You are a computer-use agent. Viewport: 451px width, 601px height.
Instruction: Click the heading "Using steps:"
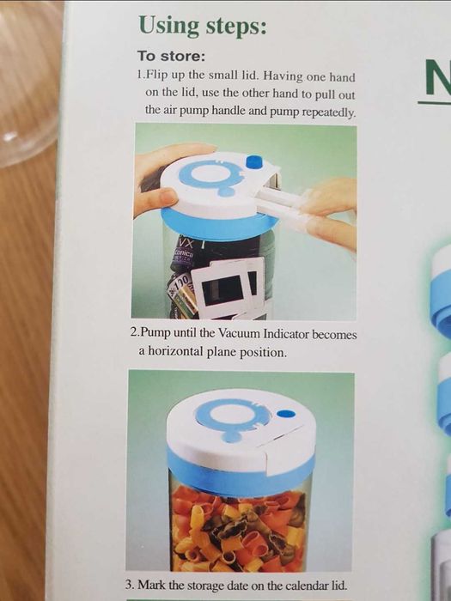(202, 26)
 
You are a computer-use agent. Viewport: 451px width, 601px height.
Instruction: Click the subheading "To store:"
(168, 57)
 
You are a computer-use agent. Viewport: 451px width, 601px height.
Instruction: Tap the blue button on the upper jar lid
(253, 161)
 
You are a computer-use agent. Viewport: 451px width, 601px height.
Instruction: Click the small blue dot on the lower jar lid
(287, 415)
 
